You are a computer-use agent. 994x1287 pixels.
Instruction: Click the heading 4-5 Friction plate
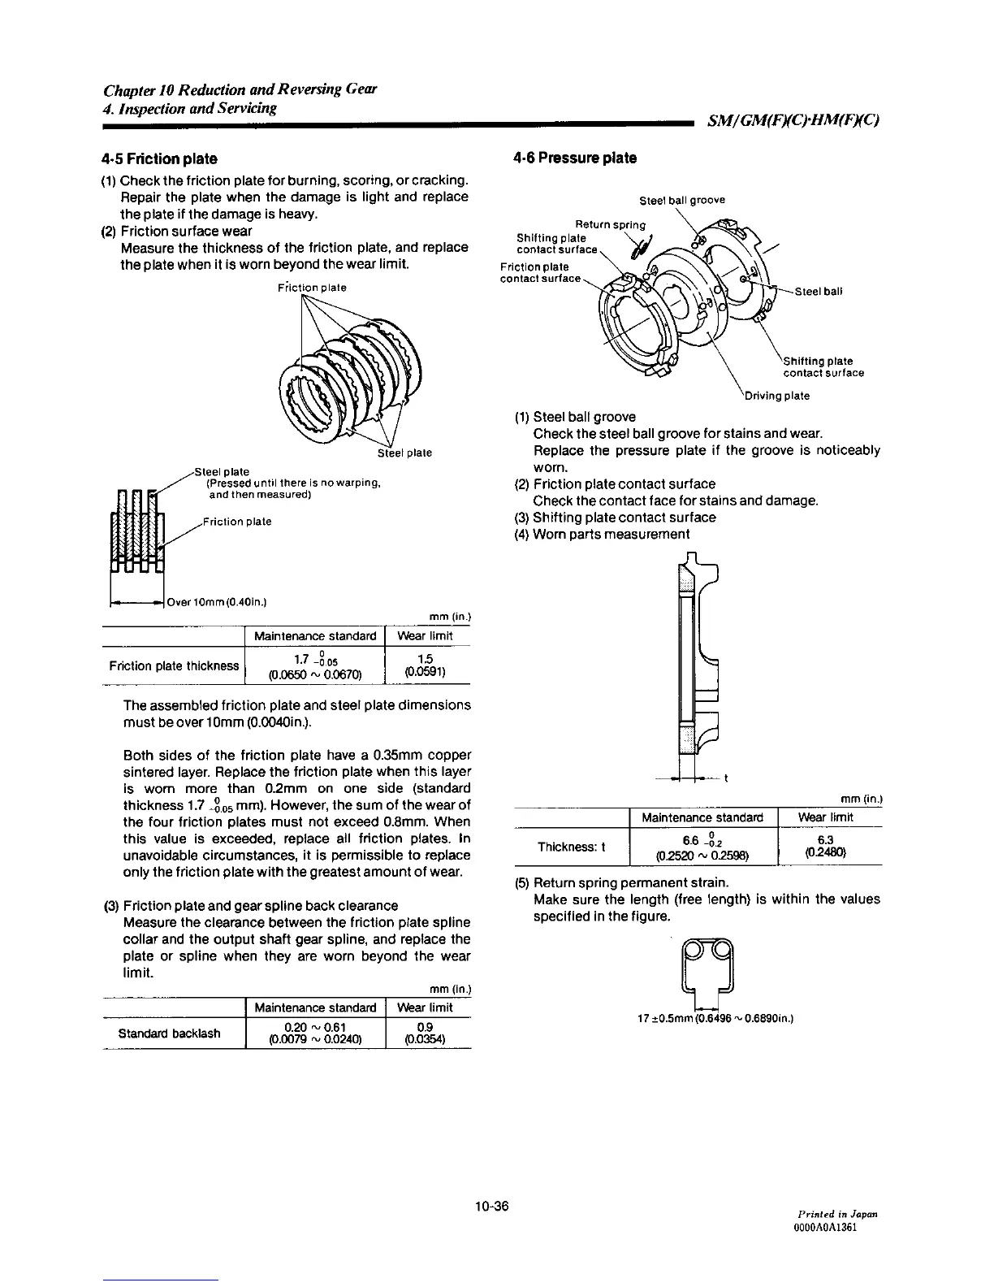pyautogui.click(x=159, y=158)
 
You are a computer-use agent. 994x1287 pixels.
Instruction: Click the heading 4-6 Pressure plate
pyautogui.click(x=575, y=158)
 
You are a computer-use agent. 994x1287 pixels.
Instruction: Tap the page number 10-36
pyautogui.click(x=492, y=1205)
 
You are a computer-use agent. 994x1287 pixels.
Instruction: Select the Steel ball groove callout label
pyautogui.click(x=682, y=200)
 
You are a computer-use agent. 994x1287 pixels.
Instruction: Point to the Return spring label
pyautogui.click(x=611, y=224)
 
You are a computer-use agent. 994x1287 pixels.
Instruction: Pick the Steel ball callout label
pyautogui.click(x=819, y=292)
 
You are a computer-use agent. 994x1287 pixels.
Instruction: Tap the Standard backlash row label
pyautogui.click(x=169, y=1033)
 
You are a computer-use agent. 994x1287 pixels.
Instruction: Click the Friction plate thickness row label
pyautogui.click(x=174, y=666)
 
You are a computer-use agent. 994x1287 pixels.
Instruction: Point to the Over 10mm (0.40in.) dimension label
pyautogui.click(x=217, y=602)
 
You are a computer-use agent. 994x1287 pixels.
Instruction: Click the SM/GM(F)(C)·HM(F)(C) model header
pyautogui.click(x=793, y=122)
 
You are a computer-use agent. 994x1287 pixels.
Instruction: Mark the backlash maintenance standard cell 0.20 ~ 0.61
pyautogui.click(x=315, y=1033)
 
